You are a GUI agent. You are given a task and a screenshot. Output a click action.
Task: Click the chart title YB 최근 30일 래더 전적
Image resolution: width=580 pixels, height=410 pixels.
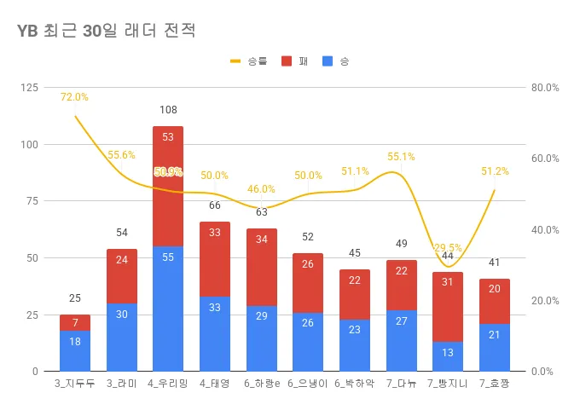click(x=107, y=32)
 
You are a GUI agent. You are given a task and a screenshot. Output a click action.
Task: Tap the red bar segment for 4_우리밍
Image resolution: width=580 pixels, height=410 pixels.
click(x=168, y=186)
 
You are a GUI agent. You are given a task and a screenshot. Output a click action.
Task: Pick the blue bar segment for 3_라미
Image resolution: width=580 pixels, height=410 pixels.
click(x=121, y=337)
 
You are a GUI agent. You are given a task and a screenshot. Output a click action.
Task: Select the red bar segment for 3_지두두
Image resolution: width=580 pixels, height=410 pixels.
click(x=75, y=322)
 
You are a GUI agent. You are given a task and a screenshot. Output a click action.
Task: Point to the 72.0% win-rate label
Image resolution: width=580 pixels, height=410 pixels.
click(x=74, y=97)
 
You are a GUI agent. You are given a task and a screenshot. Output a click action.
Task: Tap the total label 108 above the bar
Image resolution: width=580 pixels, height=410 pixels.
click(x=168, y=110)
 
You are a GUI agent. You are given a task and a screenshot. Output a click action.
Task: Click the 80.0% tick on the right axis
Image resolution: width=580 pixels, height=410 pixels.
click(x=545, y=88)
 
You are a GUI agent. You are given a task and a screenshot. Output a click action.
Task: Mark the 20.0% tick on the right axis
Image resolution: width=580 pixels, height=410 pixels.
click(x=545, y=300)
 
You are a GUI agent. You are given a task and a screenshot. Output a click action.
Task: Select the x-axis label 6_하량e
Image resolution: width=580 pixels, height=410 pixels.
click(x=261, y=384)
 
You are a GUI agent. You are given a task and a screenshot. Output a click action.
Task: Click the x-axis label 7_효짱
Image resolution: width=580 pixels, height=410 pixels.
click(x=495, y=384)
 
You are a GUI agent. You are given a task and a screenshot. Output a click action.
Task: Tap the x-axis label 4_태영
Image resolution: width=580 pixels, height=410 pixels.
click(x=215, y=384)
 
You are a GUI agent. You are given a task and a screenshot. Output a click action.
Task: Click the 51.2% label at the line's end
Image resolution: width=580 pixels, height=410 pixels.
click(x=495, y=171)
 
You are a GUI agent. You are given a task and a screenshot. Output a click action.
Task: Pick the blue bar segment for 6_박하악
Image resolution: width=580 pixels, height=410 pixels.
click(x=355, y=345)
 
